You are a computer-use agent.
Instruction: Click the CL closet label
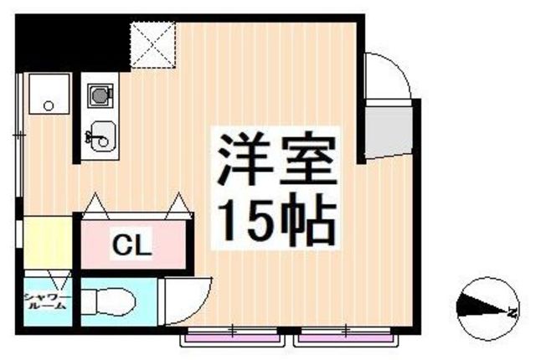point(131,246)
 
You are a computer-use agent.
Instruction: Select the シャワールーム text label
point(48,302)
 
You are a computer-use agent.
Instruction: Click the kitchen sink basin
point(101,134)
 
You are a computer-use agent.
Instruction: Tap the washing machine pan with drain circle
point(49,95)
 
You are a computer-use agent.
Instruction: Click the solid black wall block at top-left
point(67,42)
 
